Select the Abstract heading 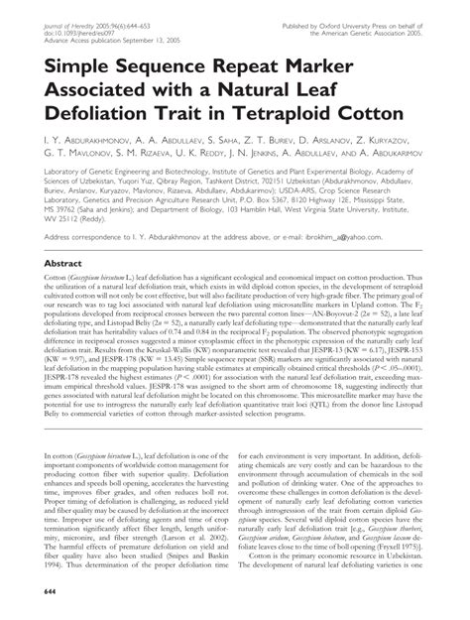[55, 264]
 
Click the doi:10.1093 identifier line [81, 19]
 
